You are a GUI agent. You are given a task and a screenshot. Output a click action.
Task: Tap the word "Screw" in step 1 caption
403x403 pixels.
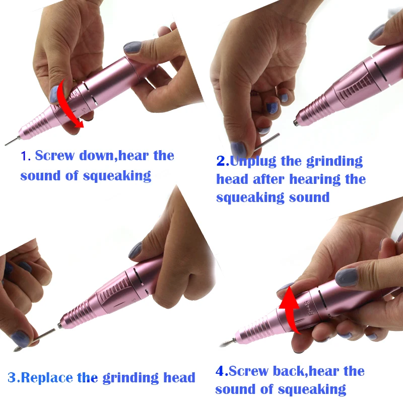(55, 156)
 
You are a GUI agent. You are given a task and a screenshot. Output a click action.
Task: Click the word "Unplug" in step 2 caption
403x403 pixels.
(253, 161)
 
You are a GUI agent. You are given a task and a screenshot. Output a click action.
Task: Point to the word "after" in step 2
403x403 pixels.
(268, 179)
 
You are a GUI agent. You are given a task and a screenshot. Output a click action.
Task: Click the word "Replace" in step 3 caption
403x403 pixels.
(47, 378)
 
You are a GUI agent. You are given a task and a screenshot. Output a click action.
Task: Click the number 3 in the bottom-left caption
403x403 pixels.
(12, 377)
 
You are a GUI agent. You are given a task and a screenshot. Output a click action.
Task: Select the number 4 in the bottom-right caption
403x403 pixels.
(220, 371)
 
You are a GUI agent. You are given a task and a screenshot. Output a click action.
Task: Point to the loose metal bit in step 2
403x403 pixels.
(266, 142)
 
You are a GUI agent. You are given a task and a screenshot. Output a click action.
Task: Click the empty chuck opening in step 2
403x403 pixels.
(296, 122)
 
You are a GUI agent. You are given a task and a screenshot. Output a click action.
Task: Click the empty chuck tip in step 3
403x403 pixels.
(60, 325)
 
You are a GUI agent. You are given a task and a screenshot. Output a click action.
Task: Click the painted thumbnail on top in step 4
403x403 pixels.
(347, 277)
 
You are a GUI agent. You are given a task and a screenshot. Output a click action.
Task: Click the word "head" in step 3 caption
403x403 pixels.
(179, 377)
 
